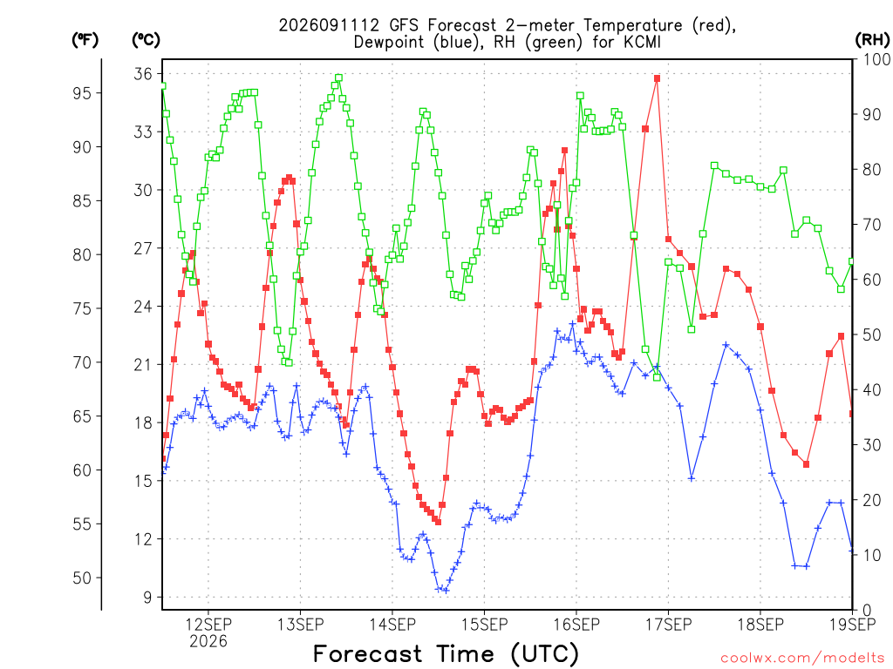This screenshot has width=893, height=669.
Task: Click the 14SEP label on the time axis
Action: click(x=392, y=625)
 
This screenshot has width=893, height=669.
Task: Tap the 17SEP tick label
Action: click(x=669, y=625)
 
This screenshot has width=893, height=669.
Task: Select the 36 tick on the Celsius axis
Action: click(x=143, y=73)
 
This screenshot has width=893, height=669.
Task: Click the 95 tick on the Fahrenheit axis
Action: click(x=82, y=92)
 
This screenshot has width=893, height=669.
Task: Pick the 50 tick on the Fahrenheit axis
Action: click(x=82, y=578)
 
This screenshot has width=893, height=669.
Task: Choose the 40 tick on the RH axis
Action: click(x=872, y=390)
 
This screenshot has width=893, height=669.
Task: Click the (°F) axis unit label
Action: click(x=85, y=40)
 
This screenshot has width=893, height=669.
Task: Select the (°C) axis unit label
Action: click(x=146, y=40)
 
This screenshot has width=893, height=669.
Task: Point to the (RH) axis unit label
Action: click(x=872, y=40)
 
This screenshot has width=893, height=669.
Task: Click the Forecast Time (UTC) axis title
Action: click(x=446, y=654)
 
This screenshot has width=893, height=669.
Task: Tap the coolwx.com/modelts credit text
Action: click(x=802, y=659)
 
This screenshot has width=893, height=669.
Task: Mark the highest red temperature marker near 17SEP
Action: click(x=658, y=78)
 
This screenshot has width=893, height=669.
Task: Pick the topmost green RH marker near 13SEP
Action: click(x=339, y=78)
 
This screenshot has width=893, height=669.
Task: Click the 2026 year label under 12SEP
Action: click(x=208, y=641)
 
